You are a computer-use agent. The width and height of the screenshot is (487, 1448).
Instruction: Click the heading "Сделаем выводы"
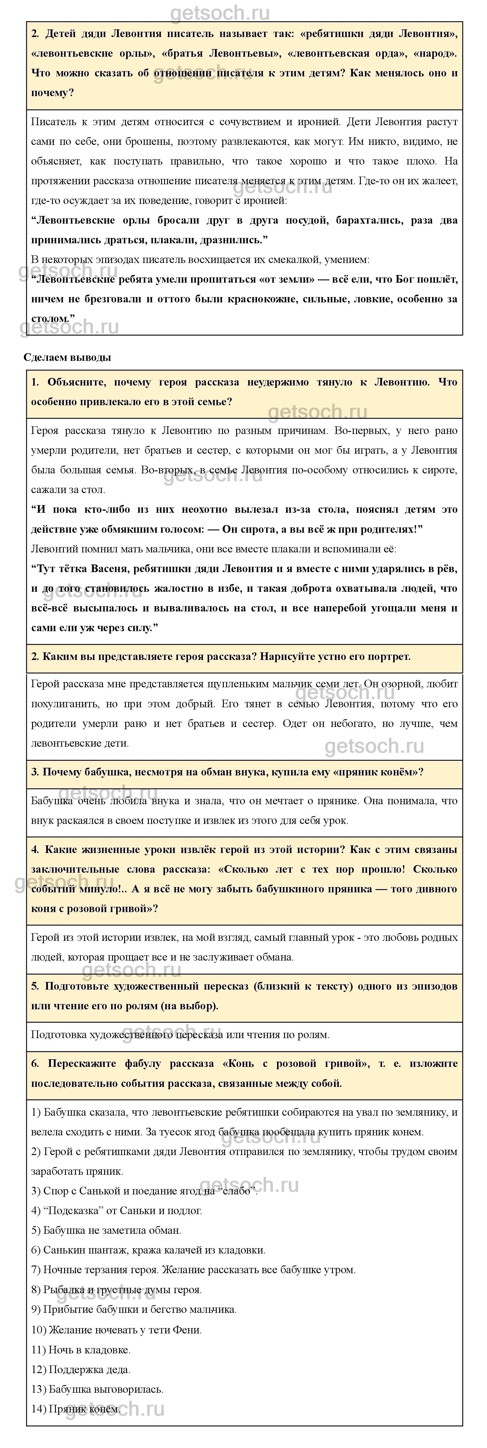67,358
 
